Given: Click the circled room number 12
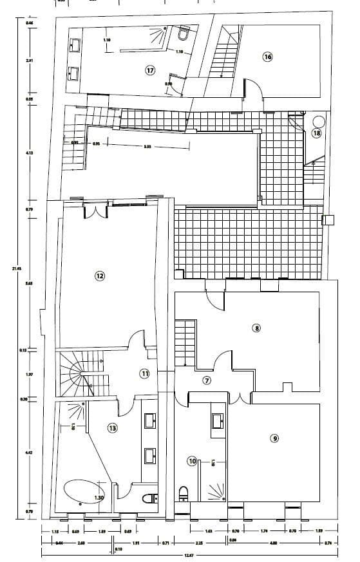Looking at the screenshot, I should coord(100,276).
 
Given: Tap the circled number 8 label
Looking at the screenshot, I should coord(256,328).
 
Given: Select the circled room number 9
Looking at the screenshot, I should coord(274,438).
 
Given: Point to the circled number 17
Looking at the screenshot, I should coord(150,70).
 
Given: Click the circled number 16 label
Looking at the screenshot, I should coord(267,57).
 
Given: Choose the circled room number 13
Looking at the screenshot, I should coord(113,427).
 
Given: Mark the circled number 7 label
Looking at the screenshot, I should coord(207,380).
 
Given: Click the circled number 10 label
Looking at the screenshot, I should coord(192,460).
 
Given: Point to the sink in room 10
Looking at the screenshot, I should coord(218,420).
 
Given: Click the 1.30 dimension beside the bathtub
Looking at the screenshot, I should coord(99,497).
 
